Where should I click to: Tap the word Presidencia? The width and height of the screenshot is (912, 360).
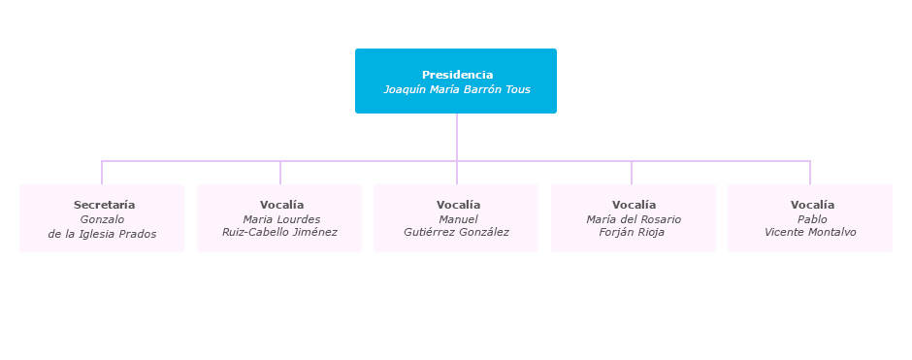point(457,75)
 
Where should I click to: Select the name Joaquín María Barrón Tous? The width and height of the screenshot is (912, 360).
point(457,90)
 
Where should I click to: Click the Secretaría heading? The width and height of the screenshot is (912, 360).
point(104,205)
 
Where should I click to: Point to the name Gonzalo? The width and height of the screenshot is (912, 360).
point(102,219)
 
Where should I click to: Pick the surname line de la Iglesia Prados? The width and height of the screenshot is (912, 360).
point(102,234)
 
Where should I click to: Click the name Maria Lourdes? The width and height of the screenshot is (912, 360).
point(281,219)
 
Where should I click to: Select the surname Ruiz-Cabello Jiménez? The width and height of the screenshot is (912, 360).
point(279,232)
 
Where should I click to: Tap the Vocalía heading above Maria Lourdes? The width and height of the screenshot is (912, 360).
point(281,205)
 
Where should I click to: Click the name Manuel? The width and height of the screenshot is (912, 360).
point(458,219)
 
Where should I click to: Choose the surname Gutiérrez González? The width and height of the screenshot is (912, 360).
point(456,232)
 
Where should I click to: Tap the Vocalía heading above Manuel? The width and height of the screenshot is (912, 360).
point(458,205)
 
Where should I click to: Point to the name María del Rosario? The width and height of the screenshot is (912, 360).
point(634,219)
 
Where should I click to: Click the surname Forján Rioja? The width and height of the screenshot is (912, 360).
point(632,232)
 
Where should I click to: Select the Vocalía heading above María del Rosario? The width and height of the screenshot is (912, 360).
point(634,205)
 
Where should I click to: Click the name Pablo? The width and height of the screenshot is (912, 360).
point(812,219)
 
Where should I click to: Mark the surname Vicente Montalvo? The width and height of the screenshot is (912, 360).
point(810,232)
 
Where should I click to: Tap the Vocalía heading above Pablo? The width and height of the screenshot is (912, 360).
point(812,205)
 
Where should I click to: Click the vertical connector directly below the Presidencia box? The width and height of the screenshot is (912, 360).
point(457,136)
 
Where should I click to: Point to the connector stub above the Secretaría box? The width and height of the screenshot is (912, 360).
point(102,173)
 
